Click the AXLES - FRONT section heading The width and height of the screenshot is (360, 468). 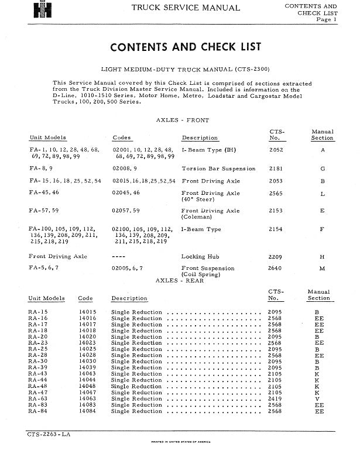click(182, 120)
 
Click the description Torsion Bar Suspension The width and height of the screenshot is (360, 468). click(218, 168)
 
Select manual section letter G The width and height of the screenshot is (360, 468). click(322, 168)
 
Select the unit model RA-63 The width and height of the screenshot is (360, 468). click(37, 398)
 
